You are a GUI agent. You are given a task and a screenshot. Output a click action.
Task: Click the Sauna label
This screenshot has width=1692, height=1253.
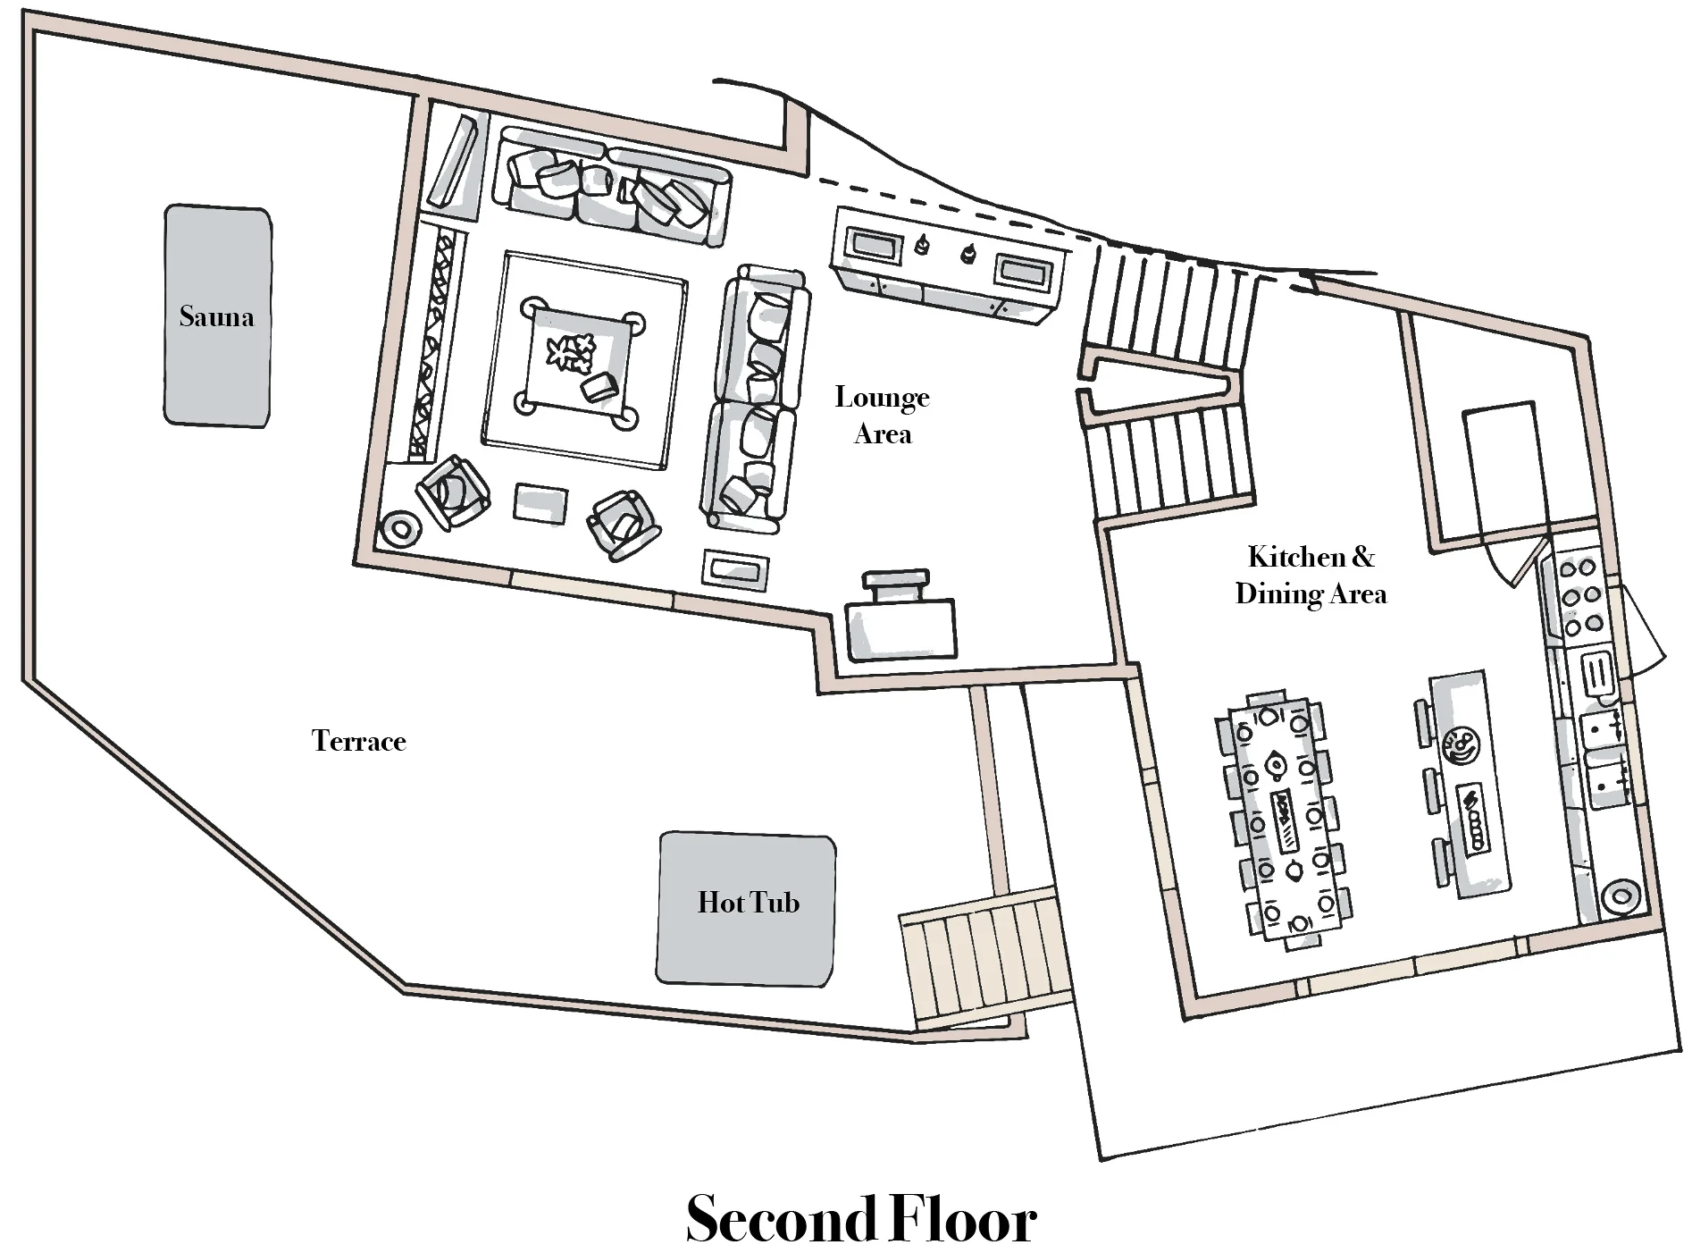click(x=216, y=316)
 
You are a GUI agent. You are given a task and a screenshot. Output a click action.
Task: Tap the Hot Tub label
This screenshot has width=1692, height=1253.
click(x=748, y=903)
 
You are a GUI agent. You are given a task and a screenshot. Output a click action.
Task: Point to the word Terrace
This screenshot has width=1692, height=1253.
click(x=359, y=741)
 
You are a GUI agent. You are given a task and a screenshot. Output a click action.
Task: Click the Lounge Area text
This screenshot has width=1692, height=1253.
click(x=883, y=416)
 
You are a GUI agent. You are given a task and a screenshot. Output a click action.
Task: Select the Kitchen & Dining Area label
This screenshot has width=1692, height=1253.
click(x=1311, y=575)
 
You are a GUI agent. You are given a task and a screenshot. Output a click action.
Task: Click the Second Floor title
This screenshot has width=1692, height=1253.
click(x=860, y=1218)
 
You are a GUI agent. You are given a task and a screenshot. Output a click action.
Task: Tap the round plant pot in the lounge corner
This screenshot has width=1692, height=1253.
click(x=399, y=529)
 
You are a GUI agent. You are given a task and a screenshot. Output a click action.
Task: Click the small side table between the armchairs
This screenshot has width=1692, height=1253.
click(x=540, y=503)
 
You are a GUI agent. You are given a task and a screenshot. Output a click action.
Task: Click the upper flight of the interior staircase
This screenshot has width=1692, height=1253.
click(x=1171, y=299)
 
